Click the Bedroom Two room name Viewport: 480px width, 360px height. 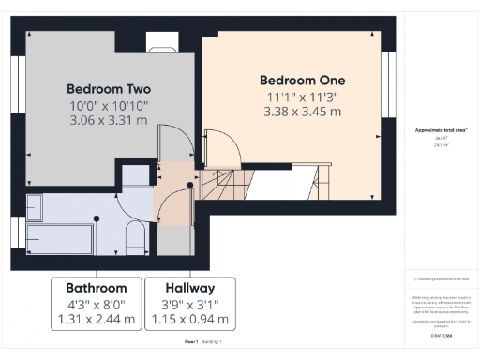(109, 88)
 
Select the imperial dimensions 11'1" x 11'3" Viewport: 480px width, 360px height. (302, 97)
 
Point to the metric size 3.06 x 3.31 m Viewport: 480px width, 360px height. (109, 121)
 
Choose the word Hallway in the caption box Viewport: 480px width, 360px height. (190, 287)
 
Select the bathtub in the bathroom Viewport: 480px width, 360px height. (58, 237)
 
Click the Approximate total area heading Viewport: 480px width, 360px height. (440, 130)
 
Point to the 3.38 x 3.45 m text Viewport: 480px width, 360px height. (302, 112)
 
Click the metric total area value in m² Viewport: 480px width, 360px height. (439, 145)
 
